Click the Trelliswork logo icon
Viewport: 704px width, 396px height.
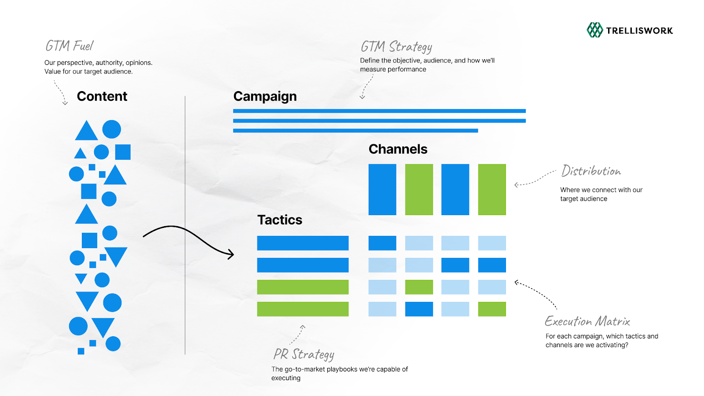594,30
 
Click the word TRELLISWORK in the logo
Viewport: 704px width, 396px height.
639,31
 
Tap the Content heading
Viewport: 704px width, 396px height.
102,96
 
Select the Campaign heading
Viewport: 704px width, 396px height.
265,96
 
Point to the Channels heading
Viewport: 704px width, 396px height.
398,149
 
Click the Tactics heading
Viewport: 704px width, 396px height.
280,220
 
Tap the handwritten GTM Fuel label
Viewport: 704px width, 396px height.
70,46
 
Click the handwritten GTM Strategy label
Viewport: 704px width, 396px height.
396,47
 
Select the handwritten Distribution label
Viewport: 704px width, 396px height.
591,171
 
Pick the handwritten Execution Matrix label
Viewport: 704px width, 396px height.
587,321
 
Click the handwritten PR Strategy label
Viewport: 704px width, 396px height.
304,354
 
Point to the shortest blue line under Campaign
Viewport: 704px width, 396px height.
356,131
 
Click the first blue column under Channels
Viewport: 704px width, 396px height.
382,190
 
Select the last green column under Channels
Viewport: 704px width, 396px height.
492,190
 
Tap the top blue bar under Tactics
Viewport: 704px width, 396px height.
303,243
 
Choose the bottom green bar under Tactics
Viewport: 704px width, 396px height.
303,309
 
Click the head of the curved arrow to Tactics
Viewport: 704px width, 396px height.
231,254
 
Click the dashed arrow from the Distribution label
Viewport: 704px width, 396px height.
535,180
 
